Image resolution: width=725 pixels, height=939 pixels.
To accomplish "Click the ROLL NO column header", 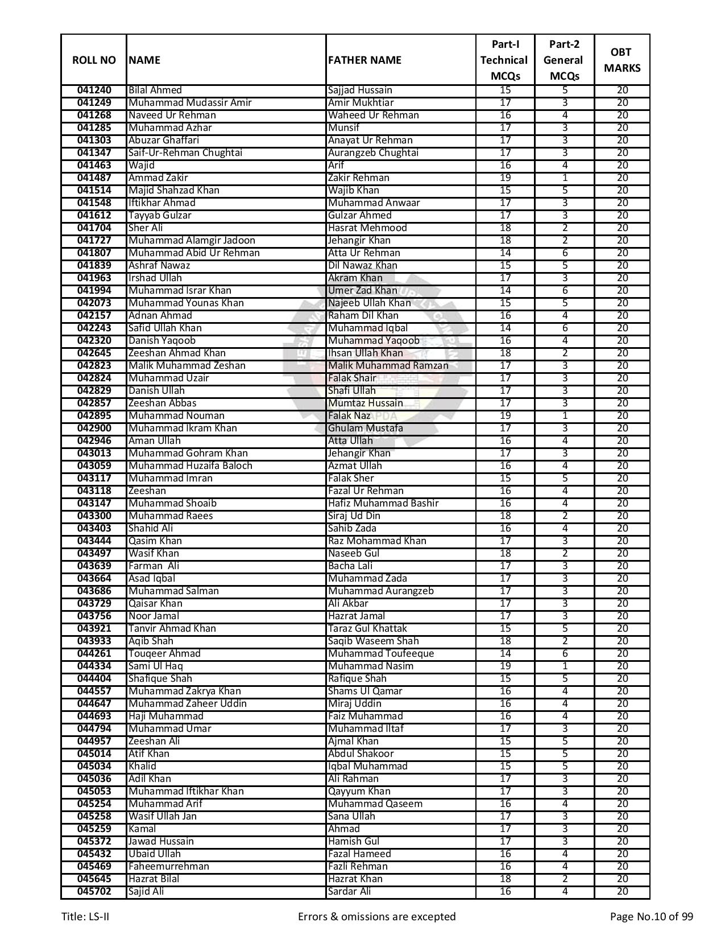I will (94, 60).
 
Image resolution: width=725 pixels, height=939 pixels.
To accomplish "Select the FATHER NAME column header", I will (364, 60).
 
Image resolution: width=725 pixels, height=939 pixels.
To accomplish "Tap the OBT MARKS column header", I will (622, 60).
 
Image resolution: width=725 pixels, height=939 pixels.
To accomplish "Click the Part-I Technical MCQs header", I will (504, 60).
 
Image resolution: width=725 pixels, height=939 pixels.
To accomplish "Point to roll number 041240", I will (94, 90).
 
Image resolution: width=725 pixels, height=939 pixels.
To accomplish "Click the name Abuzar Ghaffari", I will (164, 141).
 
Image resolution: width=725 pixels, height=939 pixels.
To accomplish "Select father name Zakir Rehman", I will (359, 178).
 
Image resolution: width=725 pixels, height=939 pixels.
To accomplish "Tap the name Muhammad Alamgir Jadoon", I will (192, 241).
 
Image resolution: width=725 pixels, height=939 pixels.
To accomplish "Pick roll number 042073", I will (94, 303).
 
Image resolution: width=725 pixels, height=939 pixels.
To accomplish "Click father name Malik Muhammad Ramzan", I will (388, 366).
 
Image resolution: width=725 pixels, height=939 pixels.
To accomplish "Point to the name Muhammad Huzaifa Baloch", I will (190, 466).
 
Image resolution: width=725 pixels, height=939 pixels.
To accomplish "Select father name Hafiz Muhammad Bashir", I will (383, 504).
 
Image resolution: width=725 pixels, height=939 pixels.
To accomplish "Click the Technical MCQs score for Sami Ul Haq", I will (505, 666).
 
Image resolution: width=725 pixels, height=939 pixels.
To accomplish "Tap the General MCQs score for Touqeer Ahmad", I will (565, 654).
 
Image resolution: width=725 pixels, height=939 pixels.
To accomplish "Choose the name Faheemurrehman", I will (168, 867).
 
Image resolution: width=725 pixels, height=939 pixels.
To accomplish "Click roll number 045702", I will (94, 892).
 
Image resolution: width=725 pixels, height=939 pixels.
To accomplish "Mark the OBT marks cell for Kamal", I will (622, 829).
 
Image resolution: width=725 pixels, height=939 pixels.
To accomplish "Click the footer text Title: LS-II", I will (85, 917).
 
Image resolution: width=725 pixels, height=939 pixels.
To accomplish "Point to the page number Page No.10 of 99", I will (651, 917).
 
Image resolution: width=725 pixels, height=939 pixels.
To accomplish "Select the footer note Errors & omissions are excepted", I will (376, 917).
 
